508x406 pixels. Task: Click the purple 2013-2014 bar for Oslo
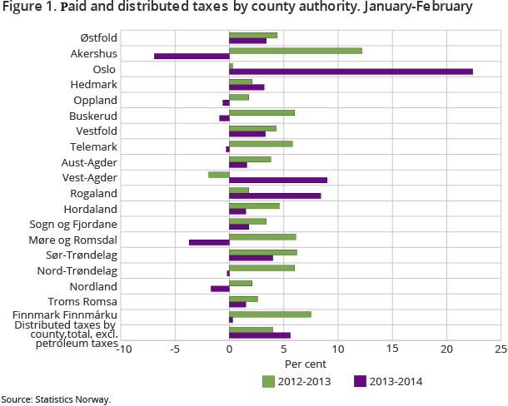click(x=351, y=72)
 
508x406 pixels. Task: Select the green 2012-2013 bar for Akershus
click(x=296, y=51)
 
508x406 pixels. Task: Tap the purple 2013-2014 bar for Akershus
click(x=192, y=57)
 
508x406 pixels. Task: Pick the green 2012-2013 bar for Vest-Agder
click(x=219, y=175)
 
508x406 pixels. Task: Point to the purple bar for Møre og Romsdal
click(x=209, y=243)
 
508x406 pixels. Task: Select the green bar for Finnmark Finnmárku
click(x=270, y=314)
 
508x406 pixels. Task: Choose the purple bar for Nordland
click(x=220, y=289)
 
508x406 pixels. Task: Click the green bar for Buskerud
click(x=261, y=112)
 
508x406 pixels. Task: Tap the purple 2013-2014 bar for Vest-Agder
click(x=278, y=181)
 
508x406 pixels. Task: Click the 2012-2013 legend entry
click(x=296, y=382)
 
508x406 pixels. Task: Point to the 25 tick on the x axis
click(x=501, y=349)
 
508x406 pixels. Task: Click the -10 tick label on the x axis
click(x=122, y=349)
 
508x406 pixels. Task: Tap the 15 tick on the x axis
click(x=392, y=349)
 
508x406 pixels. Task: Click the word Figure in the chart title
click(x=22, y=9)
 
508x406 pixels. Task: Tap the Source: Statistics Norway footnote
click(x=55, y=399)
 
